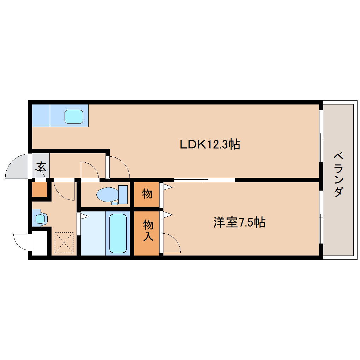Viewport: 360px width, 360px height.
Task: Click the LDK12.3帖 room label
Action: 210,144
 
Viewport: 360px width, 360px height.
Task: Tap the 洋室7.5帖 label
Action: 239,222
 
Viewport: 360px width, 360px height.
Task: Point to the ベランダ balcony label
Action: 338,175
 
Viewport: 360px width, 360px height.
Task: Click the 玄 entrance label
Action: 42,167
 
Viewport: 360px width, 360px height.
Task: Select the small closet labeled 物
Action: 147,194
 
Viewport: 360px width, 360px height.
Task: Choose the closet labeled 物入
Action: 147,233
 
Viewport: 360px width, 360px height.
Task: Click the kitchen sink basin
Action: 74,116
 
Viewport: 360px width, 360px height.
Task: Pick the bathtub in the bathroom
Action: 118,233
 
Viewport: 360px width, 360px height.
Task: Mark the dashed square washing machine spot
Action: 64,242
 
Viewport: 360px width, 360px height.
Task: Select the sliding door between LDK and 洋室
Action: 204,180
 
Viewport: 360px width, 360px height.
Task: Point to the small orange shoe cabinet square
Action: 40,190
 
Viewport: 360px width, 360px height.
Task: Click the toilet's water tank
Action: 123,194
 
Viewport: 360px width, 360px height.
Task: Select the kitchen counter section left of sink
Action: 41,115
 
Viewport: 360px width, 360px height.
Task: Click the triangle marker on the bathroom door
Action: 84,216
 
